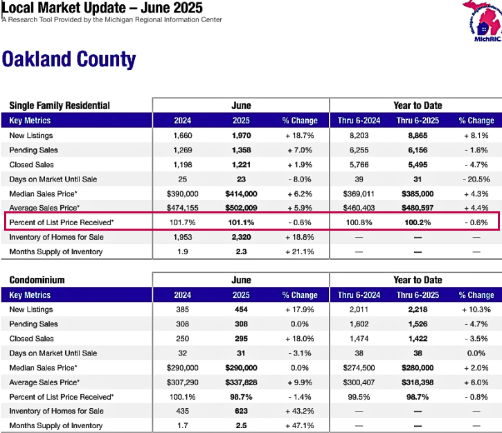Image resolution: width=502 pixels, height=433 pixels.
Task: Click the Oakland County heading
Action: [69, 60]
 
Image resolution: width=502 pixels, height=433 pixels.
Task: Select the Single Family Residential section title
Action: [60, 105]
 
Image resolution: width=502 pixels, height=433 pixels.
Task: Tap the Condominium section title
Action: [37, 280]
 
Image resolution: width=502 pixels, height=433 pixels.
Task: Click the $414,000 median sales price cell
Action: [241, 194]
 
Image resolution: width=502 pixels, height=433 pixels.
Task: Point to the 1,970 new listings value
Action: [242, 136]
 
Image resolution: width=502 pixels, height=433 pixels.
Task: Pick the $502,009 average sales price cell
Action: [241, 208]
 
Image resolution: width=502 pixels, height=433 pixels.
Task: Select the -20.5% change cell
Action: [476, 179]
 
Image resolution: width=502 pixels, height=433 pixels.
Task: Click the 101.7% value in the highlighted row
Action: [183, 222]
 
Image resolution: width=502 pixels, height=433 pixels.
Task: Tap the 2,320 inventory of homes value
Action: [242, 237]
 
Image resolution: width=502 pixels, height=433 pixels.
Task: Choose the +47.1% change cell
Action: [300, 425]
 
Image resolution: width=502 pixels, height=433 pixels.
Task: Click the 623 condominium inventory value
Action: [241, 411]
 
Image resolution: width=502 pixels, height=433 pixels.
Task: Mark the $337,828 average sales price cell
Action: [241, 382]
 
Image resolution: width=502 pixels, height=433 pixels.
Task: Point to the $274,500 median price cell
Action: [359, 368]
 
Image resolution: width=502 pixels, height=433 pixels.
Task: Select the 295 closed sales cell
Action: [241, 339]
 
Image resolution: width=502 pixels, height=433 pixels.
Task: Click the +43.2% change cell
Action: [300, 411]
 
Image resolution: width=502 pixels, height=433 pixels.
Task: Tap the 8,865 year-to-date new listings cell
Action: [418, 136]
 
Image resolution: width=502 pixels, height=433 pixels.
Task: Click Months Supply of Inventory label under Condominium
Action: [55, 425]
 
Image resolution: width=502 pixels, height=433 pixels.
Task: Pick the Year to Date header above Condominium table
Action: [418, 280]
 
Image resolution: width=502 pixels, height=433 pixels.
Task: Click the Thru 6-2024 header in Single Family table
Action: [359, 121]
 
